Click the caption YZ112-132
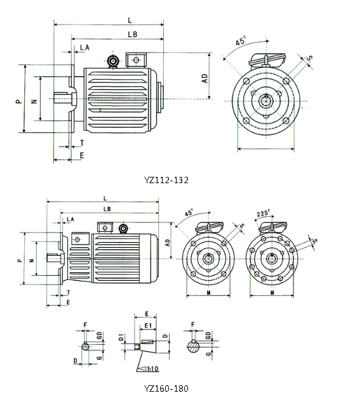pos(166,179)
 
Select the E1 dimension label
pos(148,324)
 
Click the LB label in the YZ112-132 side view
pos(133,34)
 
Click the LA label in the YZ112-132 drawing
pos(84,48)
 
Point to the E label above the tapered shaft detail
pos(147,314)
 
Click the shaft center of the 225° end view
pos(272,258)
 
